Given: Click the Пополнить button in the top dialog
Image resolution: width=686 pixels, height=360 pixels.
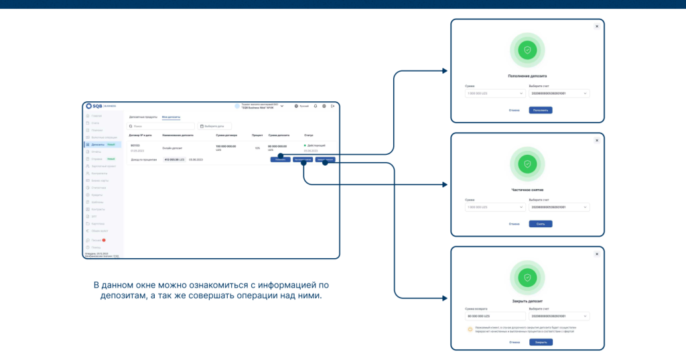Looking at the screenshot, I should pos(541,110).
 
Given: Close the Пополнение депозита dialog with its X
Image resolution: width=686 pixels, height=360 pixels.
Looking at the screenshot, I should pos(596,27).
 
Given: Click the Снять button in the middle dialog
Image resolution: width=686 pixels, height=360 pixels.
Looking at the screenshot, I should pos(541,223).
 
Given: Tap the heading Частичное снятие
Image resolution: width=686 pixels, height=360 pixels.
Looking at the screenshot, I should pos(527,190).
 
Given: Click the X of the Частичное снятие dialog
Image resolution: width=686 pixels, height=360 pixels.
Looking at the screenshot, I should pos(596,140).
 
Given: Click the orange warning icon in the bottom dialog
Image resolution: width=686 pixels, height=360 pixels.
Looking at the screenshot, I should pos(470,329).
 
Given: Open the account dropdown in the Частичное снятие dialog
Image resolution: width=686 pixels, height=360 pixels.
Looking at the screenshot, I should pos(559,207).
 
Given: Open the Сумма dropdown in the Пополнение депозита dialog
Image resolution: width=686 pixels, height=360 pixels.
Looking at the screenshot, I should pos(494,94).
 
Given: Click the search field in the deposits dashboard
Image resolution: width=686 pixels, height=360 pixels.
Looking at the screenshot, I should pos(161,126).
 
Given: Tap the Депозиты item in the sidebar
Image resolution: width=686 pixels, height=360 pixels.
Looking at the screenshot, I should pos(98,145).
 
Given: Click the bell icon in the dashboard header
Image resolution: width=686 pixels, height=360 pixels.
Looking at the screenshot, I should pos(315,106).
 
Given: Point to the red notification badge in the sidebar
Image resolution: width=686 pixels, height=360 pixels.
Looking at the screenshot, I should pos(104,240).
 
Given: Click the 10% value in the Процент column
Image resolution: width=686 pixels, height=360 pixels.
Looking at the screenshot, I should pos(257,147).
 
